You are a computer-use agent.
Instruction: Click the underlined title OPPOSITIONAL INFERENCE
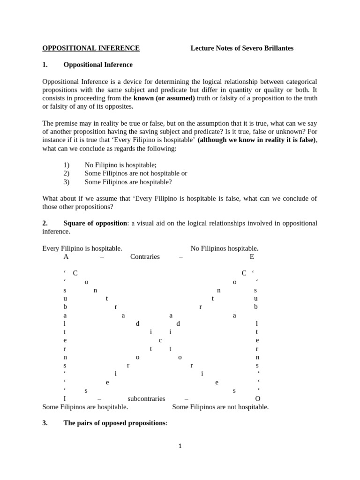(91, 48)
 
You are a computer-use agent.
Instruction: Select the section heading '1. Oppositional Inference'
(97, 65)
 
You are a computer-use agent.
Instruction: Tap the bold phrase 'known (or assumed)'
(164, 98)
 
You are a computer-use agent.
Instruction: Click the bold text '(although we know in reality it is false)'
(254, 140)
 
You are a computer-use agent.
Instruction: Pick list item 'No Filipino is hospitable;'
(120, 165)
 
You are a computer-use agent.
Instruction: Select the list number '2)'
(66, 173)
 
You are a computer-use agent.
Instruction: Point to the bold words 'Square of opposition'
(95, 223)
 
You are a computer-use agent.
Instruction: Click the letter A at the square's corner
(66, 256)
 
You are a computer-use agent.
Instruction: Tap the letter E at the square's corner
(252, 256)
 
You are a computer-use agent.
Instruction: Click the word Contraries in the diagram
(145, 256)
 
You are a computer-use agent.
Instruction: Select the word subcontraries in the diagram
(146, 398)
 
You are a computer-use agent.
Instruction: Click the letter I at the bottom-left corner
(65, 398)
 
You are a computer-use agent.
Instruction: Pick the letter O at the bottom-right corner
(257, 398)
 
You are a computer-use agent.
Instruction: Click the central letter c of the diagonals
(160, 340)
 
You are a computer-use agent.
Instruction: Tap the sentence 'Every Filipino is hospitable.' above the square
(82, 248)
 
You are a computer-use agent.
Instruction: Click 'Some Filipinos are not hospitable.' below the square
(220, 407)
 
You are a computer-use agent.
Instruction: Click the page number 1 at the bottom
(180, 446)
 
